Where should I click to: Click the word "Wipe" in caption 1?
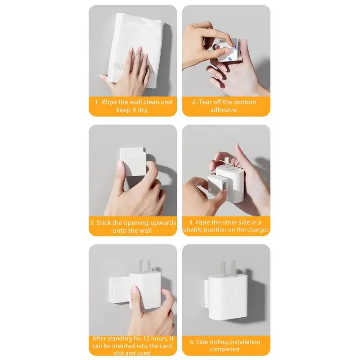[x=110, y=102]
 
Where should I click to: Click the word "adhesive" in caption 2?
[x=223, y=110]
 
